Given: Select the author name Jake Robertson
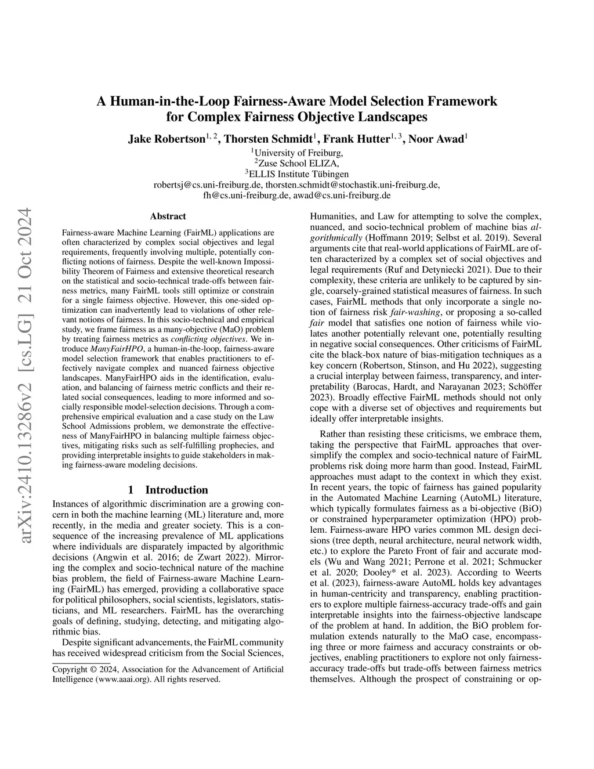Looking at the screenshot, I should click(166, 139).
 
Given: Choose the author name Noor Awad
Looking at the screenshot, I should click(436, 139).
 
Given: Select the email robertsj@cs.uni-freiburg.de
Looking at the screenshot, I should click(208, 185).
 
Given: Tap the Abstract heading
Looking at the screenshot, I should click(168, 216).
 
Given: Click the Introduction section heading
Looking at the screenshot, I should click(176, 489).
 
